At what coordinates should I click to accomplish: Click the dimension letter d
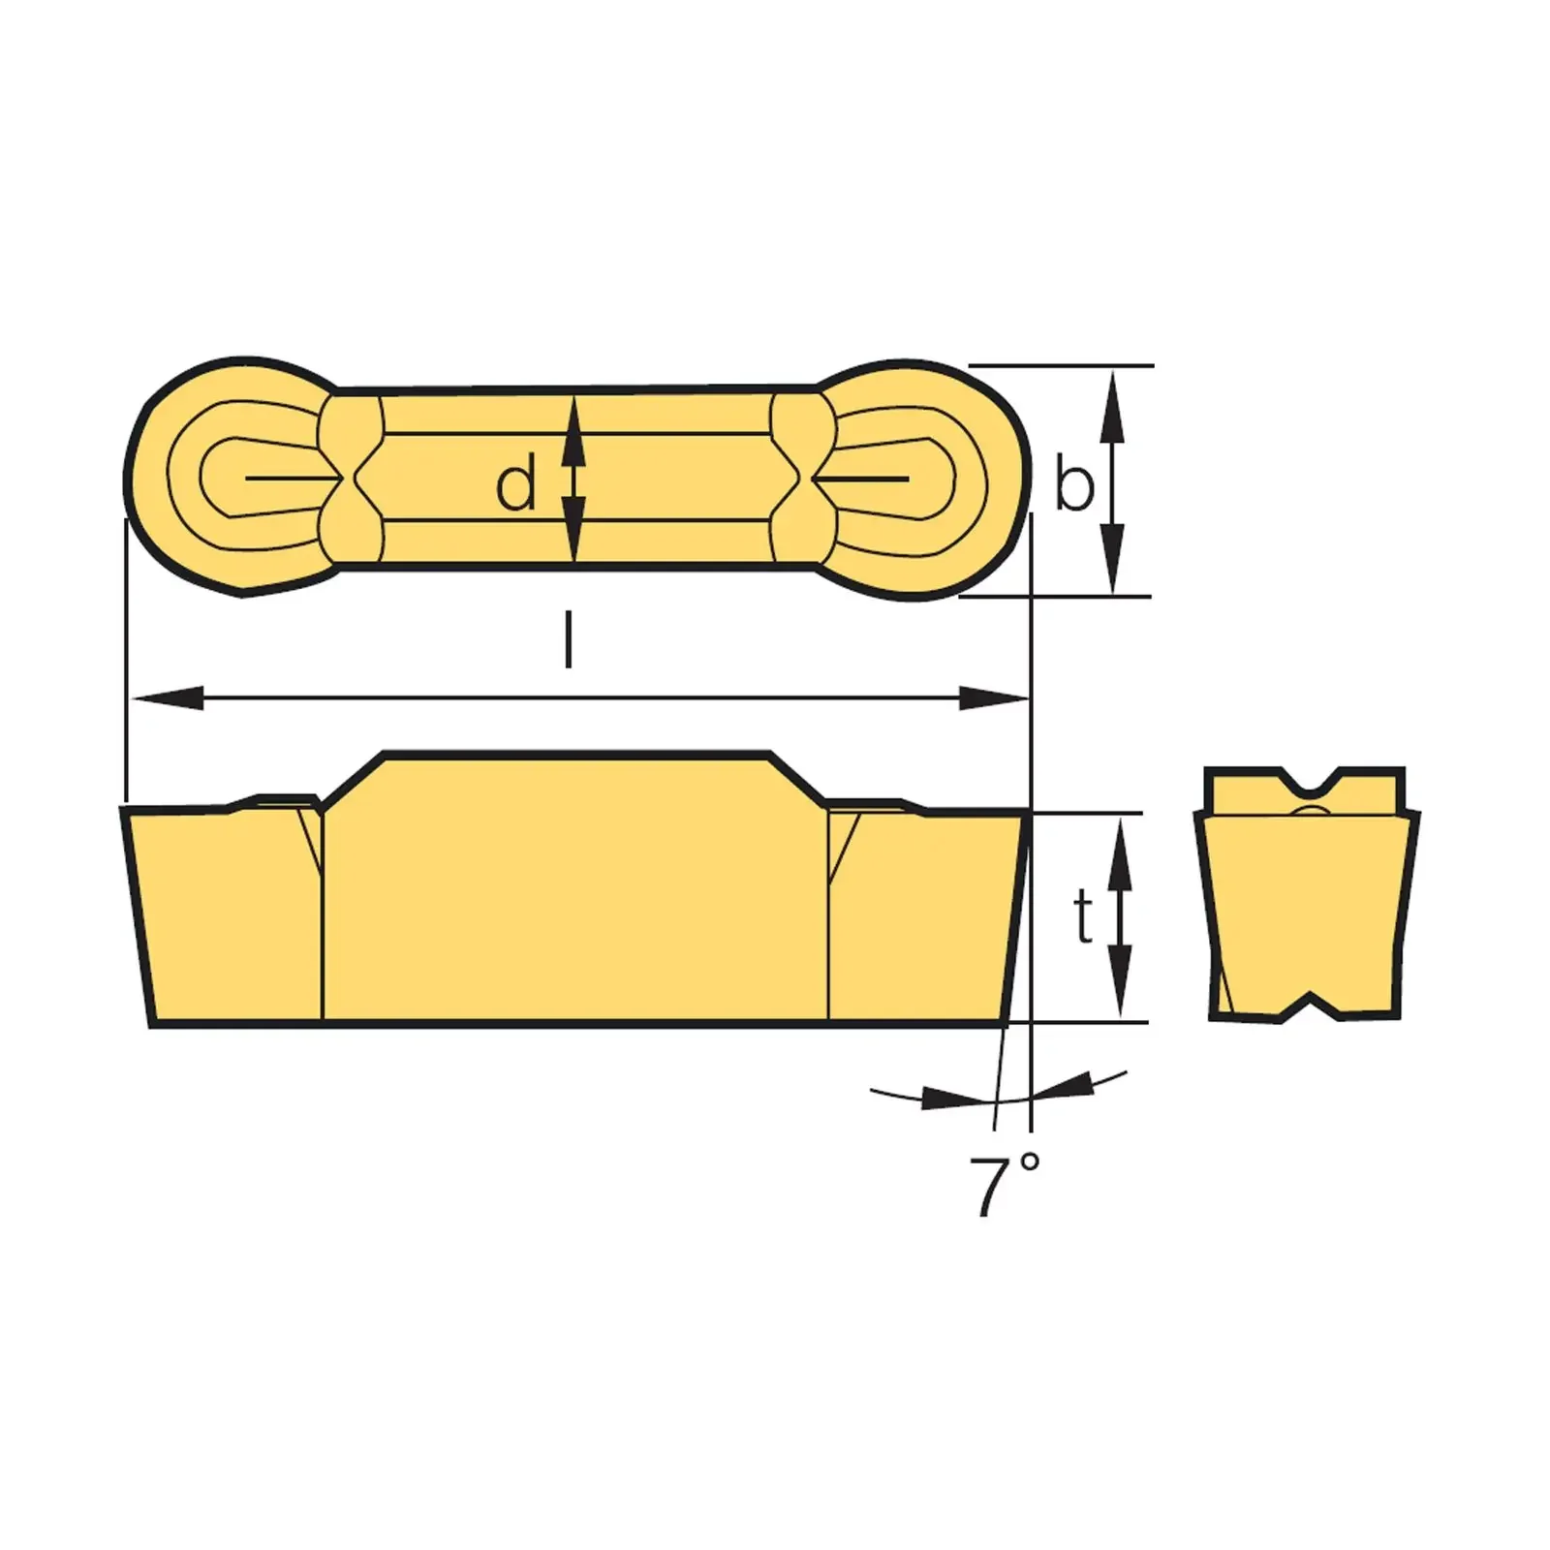[515, 485]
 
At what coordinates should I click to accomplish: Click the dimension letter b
[1073, 484]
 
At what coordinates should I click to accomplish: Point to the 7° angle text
[1004, 1184]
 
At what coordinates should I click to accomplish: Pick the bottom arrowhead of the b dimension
[1115, 567]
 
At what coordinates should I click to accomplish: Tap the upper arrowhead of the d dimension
[574, 426]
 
